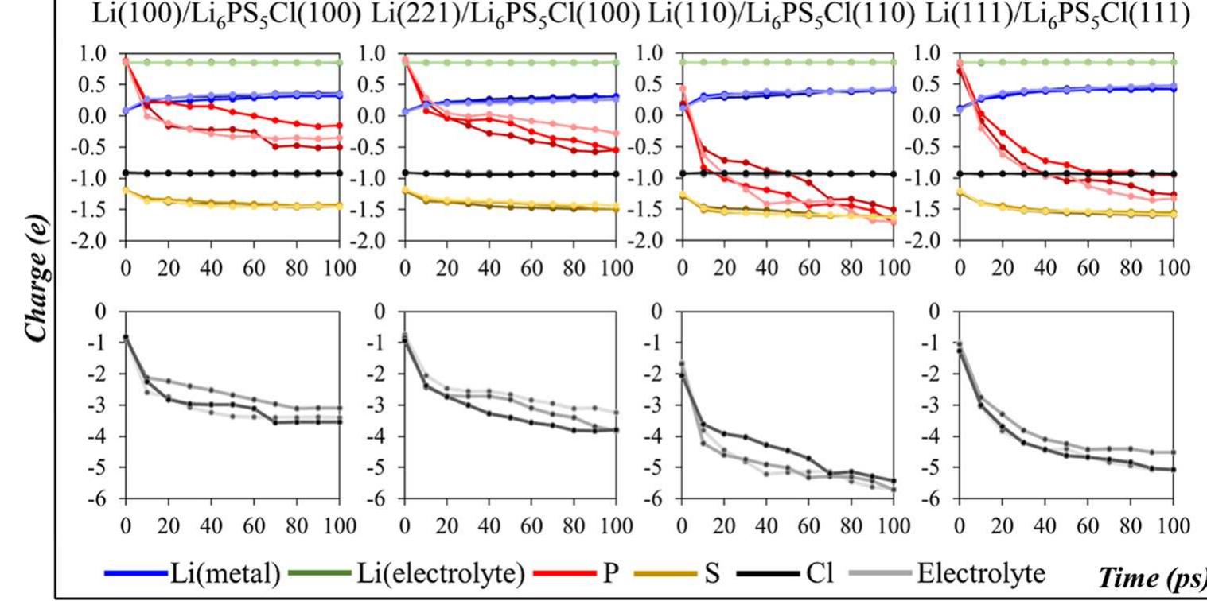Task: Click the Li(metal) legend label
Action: [224, 573]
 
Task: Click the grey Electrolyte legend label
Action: [981, 573]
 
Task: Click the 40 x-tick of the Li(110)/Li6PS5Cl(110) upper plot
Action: [766, 266]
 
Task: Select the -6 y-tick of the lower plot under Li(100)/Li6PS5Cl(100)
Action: [99, 499]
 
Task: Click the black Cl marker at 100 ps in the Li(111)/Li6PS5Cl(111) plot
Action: [1173, 174]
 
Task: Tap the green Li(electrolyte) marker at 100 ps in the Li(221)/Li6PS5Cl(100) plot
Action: [616, 62]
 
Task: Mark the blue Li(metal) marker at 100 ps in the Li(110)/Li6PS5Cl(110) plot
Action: [894, 89]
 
